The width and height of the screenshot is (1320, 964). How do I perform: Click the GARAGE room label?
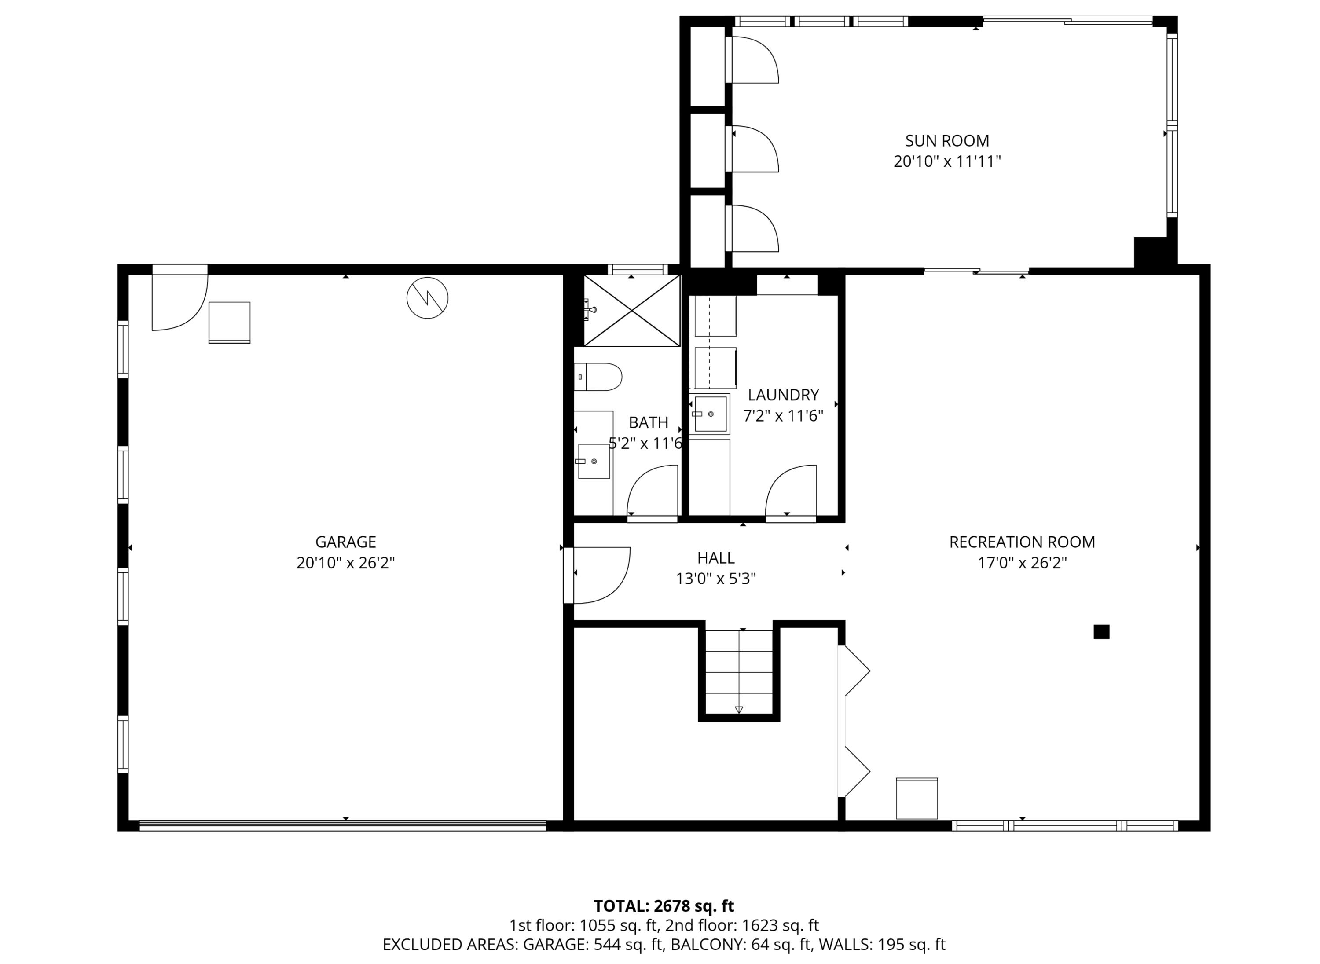pos(345,542)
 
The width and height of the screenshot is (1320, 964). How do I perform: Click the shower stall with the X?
pos(632,311)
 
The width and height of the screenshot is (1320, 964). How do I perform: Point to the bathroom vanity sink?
pos(594,461)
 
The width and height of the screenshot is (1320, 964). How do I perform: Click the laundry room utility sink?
pos(710,414)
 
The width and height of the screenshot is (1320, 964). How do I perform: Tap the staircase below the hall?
pos(739,671)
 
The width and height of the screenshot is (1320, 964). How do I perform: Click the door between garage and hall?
pos(598,575)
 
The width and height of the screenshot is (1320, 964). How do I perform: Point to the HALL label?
pos(715,558)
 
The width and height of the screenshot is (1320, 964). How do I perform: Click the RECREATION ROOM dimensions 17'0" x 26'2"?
pos(1022,563)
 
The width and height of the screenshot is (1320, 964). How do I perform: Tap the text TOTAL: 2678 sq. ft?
pos(664,906)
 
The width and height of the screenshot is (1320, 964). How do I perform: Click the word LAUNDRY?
pos(783,395)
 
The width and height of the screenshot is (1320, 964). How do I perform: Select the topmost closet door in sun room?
pos(753,59)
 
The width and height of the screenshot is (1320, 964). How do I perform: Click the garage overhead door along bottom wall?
pos(343,825)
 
